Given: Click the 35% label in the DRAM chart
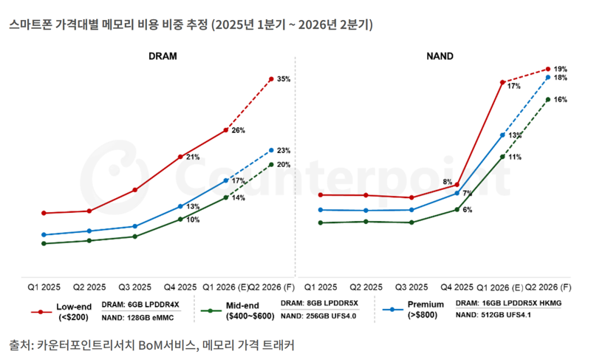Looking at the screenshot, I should (x=284, y=79).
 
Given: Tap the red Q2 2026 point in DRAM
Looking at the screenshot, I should (x=271, y=78).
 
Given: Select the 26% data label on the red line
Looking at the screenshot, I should (x=238, y=130).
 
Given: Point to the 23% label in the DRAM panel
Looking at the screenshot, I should (x=284, y=151).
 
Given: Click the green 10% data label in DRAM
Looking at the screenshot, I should (x=192, y=220).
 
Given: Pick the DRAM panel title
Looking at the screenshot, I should (x=163, y=56).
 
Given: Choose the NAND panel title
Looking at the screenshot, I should (x=440, y=56).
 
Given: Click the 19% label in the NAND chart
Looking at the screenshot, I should (x=560, y=69).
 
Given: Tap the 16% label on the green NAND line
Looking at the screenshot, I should (x=560, y=99).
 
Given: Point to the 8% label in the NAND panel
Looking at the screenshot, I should (x=448, y=182).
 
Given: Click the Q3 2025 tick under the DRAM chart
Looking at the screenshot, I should (x=135, y=287).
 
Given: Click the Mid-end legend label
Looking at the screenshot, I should (x=243, y=305).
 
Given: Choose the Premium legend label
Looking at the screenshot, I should (x=426, y=305).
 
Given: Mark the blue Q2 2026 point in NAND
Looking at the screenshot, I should (x=547, y=77).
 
